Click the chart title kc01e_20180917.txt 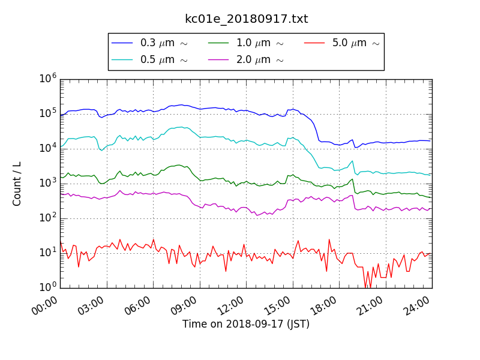tap(246, 19)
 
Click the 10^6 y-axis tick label tap(48, 79)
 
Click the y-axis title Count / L tap(17, 184)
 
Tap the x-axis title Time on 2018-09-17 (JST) tap(246, 324)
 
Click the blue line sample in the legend tap(122, 43)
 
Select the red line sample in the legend tap(314, 43)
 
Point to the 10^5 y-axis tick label tap(48, 113)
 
